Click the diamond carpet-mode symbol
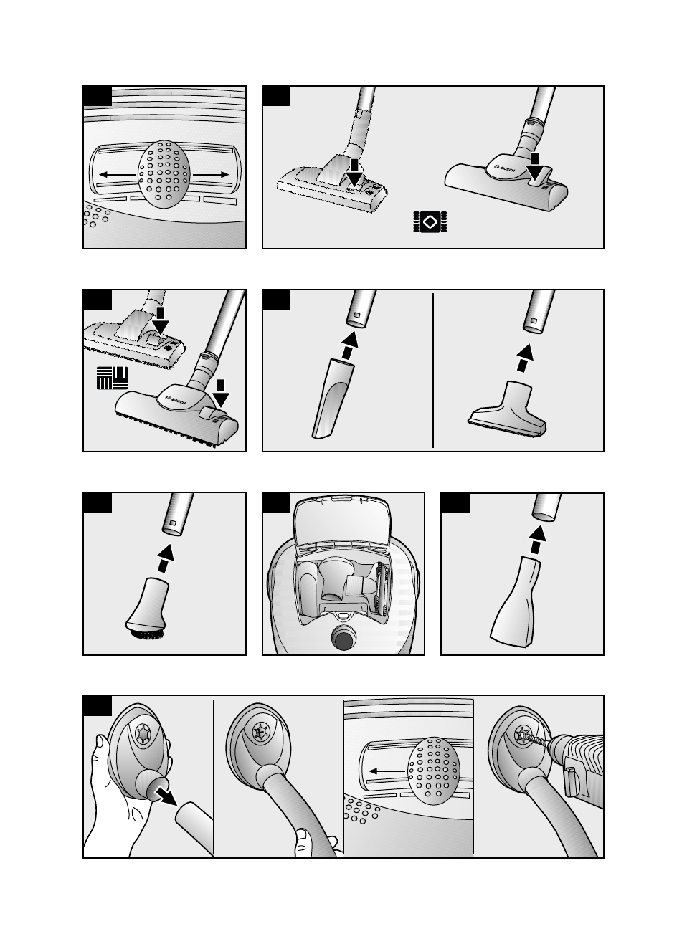(430, 222)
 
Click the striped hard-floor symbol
(113, 378)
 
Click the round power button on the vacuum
(343, 638)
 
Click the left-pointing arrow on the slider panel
(118, 174)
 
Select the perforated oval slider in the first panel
(164, 174)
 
